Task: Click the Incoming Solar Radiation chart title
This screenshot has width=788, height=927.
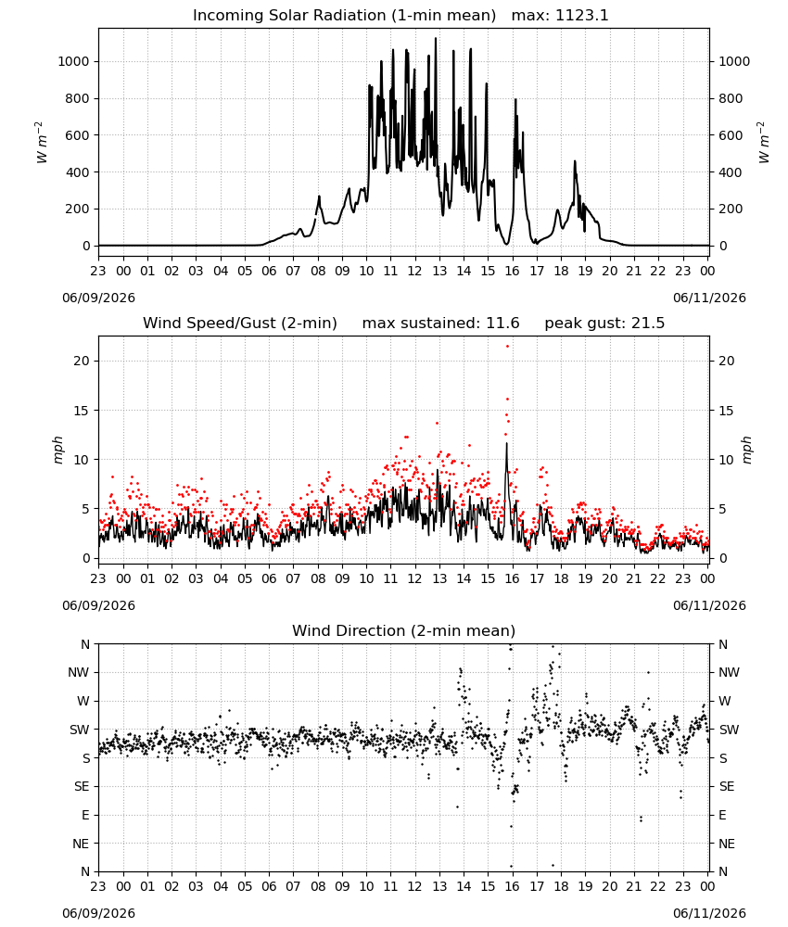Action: click(345, 16)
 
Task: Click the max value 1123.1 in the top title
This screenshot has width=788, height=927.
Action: click(581, 16)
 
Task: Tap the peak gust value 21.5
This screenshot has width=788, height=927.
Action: click(645, 324)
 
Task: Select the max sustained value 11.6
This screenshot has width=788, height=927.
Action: click(502, 324)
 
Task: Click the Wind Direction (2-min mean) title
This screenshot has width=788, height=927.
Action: click(404, 630)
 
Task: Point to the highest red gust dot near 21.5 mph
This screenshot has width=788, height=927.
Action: click(507, 347)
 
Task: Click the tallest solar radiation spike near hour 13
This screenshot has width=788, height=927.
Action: click(436, 39)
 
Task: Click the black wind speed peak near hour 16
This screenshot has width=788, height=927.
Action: click(506, 444)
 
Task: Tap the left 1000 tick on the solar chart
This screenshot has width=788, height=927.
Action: click(73, 61)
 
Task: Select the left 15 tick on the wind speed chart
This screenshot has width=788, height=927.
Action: click(82, 411)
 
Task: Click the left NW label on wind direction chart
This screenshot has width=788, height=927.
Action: click(78, 673)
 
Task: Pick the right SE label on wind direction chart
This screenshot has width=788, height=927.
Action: click(727, 787)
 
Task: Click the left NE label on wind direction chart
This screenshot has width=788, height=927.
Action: click(81, 844)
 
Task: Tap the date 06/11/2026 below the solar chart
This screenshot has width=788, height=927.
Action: click(709, 298)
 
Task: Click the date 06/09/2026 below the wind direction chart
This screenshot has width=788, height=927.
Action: click(98, 913)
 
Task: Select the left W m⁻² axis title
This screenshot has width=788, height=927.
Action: click(40, 143)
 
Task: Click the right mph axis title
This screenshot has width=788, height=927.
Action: click(746, 451)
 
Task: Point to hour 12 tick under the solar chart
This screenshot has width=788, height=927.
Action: click(415, 272)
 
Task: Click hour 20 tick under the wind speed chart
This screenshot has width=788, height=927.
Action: click(609, 578)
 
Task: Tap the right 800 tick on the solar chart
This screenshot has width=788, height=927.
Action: click(731, 99)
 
